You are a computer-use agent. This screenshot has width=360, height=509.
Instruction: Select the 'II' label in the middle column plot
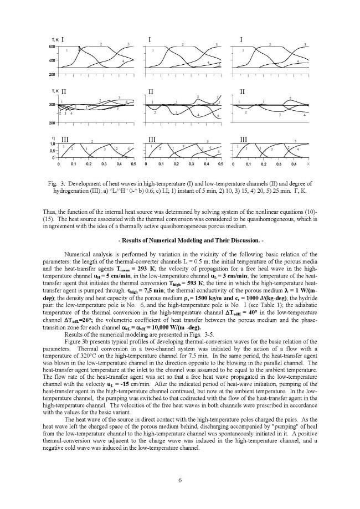coord(151,90)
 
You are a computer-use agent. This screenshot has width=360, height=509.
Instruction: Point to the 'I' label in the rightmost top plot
coord(241,39)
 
